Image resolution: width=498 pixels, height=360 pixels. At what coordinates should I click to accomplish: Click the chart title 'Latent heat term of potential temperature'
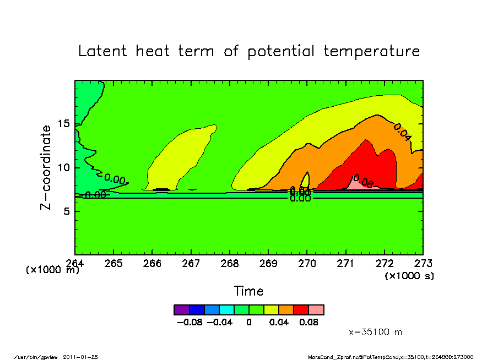click(249, 52)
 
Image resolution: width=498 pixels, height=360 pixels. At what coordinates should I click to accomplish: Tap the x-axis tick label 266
click(152, 263)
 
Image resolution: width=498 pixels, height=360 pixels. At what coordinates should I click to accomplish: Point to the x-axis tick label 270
click(307, 263)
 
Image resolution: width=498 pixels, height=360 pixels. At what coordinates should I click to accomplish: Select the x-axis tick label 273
click(423, 263)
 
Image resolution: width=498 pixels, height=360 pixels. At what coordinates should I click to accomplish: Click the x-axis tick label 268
click(229, 263)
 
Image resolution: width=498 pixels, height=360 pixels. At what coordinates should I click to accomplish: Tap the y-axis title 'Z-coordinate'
click(46, 167)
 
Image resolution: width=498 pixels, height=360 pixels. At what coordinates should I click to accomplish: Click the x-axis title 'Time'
click(248, 291)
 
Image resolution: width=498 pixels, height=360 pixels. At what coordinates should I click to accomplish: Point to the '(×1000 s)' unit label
click(409, 276)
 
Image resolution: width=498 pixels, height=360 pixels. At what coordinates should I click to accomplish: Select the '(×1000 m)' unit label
click(53, 270)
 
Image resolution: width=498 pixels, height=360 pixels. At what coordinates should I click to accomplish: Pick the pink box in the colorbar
click(316, 310)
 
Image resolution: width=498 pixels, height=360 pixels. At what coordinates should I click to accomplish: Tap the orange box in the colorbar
click(286, 310)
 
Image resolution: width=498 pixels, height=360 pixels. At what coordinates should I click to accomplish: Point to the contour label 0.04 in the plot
click(402, 132)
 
